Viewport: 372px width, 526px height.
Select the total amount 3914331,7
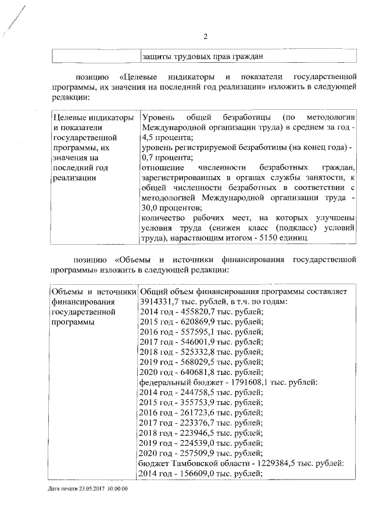159,302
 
